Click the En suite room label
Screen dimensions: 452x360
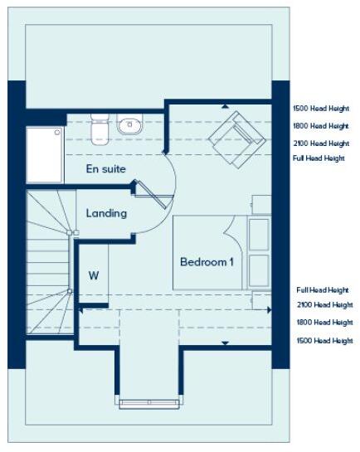[x=106, y=169]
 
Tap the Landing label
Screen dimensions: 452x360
[x=107, y=213]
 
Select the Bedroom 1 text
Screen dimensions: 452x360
[x=207, y=262]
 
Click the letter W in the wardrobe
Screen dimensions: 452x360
[x=94, y=276]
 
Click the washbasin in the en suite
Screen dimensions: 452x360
[x=129, y=125]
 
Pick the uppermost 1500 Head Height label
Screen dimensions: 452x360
[x=320, y=109]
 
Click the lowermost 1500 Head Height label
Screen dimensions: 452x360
[x=324, y=341]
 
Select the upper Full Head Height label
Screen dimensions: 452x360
[x=319, y=158]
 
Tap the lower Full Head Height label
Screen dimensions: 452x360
[x=323, y=290]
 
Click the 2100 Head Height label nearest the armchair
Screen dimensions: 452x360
[x=320, y=143]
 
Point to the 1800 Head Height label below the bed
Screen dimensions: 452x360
[x=324, y=323]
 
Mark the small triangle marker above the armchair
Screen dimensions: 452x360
[x=225, y=106]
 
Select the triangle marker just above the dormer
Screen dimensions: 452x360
[x=225, y=342]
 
